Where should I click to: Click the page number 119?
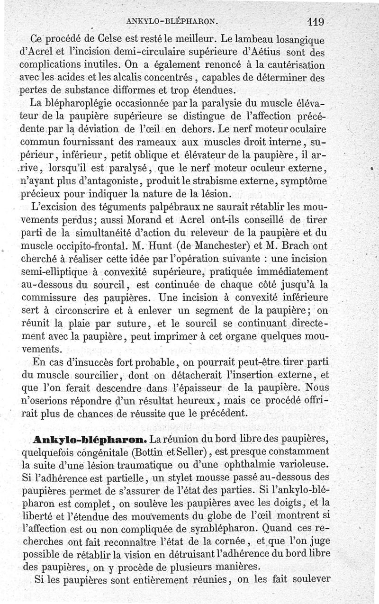coord(314,21)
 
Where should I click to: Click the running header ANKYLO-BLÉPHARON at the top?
coord(172,21)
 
